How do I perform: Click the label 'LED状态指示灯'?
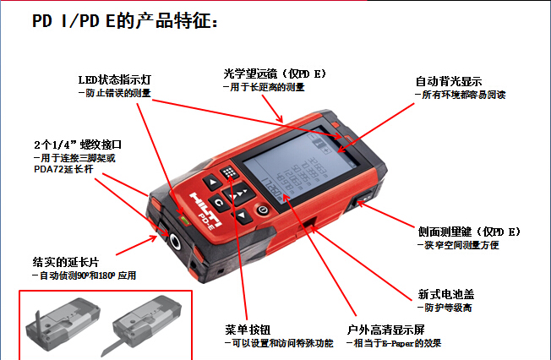[x=115, y=79]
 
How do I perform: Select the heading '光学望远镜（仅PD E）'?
[x=275, y=74]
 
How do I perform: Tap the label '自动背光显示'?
[x=449, y=81]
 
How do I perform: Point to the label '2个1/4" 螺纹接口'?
[x=78, y=145]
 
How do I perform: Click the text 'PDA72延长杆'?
[x=63, y=169]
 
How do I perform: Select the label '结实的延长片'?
[x=66, y=262]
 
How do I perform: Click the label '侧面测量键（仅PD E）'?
[x=469, y=232]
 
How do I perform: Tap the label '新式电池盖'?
[x=446, y=294]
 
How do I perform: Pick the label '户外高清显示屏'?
[x=385, y=330]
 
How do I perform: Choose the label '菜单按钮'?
[x=248, y=330]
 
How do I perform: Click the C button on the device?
[x=219, y=203]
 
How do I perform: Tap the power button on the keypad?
[x=263, y=210]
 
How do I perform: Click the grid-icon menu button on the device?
[x=230, y=172]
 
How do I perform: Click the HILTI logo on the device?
[x=205, y=209]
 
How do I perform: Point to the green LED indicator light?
[x=184, y=220]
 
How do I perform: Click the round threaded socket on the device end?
[x=175, y=241]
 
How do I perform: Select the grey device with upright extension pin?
[x=63, y=323]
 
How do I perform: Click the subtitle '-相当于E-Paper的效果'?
[x=394, y=343]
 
